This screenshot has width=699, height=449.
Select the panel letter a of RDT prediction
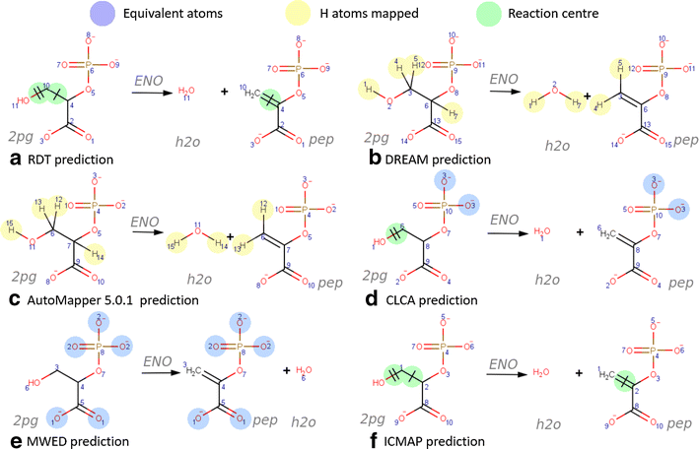(15, 158)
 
